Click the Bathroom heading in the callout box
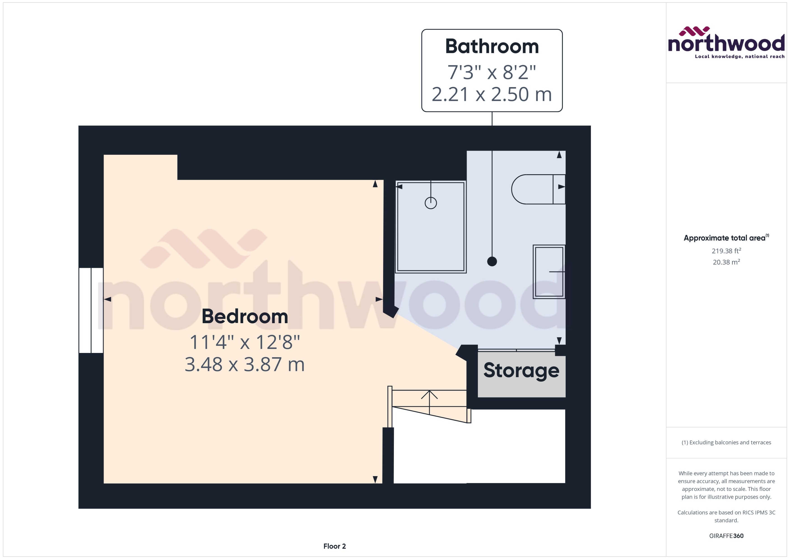(x=492, y=46)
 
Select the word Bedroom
(x=245, y=316)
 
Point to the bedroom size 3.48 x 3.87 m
(x=245, y=364)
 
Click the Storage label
(x=521, y=370)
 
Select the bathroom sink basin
(x=549, y=271)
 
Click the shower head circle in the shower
(x=431, y=203)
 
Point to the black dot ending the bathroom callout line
(x=492, y=262)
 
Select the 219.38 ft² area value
(x=726, y=251)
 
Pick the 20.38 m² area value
(x=726, y=262)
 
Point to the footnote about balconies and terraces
(x=726, y=443)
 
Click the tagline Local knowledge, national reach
(x=740, y=56)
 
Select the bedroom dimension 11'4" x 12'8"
(x=245, y=342)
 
